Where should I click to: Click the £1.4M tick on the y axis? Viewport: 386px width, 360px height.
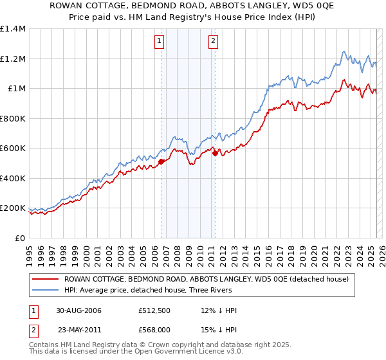click(x=13, y=29)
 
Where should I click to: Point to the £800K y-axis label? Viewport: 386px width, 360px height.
click(x=13, y=118)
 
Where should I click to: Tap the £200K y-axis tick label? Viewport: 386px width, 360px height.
click(x=13, y=208)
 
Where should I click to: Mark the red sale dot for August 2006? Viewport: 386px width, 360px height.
click(x=161, y=162)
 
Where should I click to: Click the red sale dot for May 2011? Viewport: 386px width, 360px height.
click(x=215, y=153)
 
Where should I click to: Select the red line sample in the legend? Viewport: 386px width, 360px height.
click(x=44, y=279)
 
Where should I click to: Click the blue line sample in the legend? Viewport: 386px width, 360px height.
click(x=44, y=291)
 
